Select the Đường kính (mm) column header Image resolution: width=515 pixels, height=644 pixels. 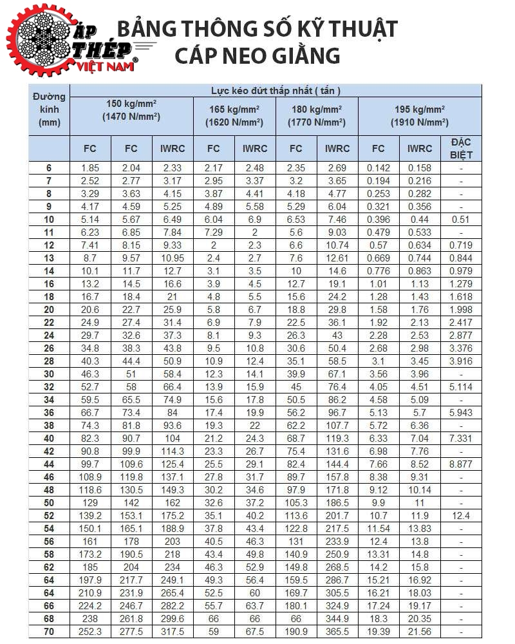pyautogui.click(x=49, y=109)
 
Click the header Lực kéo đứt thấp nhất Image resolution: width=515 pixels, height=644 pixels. pyautogui.click(x=276, y=90)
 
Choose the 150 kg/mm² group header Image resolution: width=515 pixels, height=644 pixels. pyautogui.click(x=131, y=110)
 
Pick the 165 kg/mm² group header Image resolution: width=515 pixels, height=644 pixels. pyautogui.click(x=234, y=115)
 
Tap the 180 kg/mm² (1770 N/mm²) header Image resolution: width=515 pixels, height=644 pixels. pyautogui.click(x=316, y=115)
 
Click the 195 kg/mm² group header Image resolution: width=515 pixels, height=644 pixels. pyautogui.click(x=419, y=115)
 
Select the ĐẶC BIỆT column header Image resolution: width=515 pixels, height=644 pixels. pyautogui.click(x=461, y=148)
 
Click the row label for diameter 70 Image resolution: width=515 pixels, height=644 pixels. pyautogui.click(x=49, y=632)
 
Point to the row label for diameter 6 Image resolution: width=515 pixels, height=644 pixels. pyautogui.click(x=49, y=168)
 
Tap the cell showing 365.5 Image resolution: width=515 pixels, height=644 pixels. pyautogui.click(x=337, y=632)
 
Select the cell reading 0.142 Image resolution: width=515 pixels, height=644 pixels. pyautogui.click(x=378, y=168)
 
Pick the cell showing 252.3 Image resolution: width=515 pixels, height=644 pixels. pyautogui.click(x=90, y=632)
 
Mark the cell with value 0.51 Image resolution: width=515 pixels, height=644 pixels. pyautogui.click(x=461, y=220)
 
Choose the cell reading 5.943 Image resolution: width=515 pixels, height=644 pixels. pyautogui.click(x=461, y=413)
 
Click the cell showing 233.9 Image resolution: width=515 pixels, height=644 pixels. pyautogui.click(x=337, y=542)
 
